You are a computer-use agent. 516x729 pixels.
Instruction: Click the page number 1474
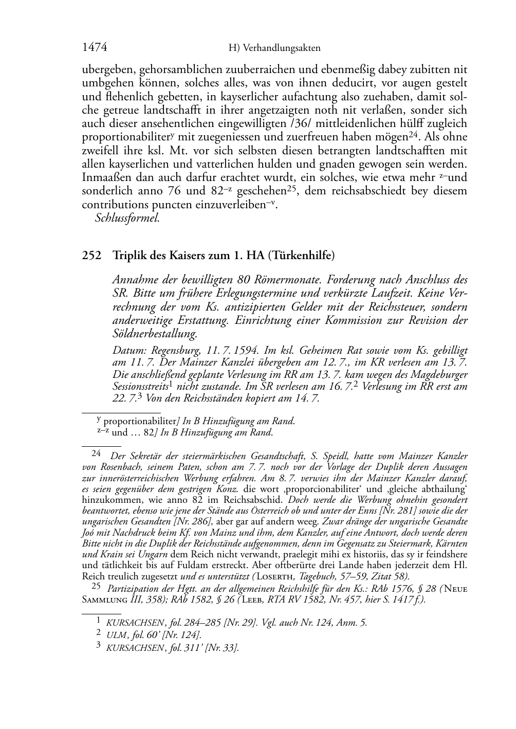[95, 48]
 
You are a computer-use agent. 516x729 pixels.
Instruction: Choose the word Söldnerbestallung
[155, 334]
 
